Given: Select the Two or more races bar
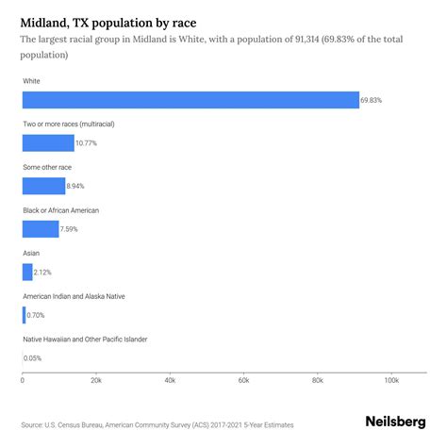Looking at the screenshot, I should [x=48, y=143].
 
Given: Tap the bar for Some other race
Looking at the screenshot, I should [x=44, y=186].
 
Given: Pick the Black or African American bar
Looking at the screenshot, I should [x=41, y=228].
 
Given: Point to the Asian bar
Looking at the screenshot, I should [x=27, y=272].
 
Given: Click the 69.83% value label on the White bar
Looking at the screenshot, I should [x=372, y=100].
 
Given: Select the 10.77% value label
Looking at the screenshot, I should [x=86, y=143].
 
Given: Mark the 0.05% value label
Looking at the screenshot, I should [x=34, y=357].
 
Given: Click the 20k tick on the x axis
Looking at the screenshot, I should [x=95, y=380].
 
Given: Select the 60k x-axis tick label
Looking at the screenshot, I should [x=243, y=380].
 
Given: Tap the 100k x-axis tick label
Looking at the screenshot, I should [x=390, y=380].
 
